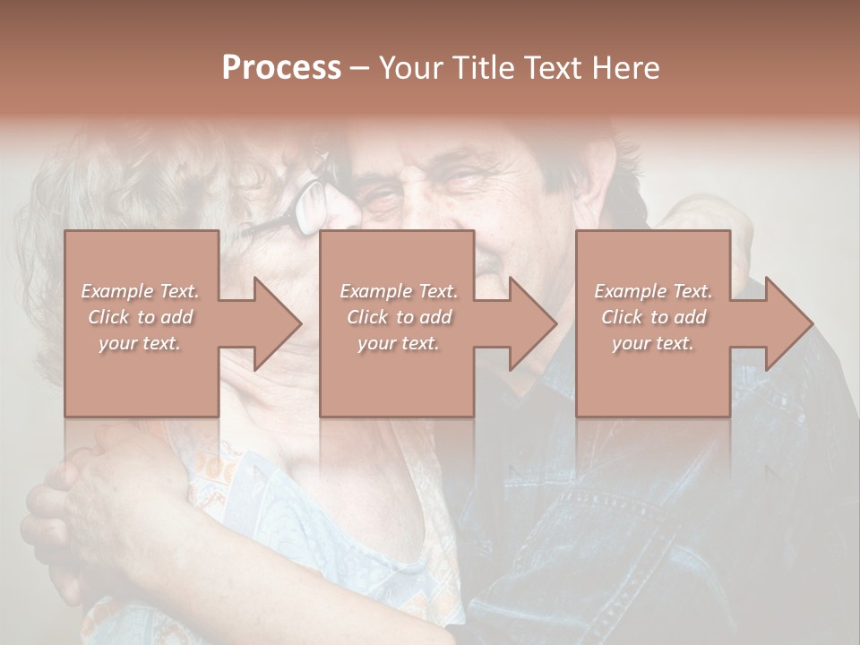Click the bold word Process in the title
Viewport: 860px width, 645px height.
(x=281, y=68)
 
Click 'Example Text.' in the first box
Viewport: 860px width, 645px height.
(x=141, y=291)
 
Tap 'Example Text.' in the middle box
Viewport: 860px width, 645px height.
(x=399, y=291)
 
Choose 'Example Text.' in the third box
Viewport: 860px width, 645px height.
(x=653, y=291)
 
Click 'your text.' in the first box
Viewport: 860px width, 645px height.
(x=141, y=343)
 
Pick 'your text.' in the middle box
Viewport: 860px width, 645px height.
(x=399, y=343)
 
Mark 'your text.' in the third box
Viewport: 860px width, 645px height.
(x=653, y=343)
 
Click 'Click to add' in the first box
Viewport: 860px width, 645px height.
(x=141, y=317)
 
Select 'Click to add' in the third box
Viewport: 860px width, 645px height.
(x=653, y=317)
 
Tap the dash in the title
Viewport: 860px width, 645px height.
(x=360, y=68)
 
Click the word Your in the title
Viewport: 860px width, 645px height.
(x=409, y=68)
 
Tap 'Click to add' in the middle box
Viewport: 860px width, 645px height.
(x=399, y=317)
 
